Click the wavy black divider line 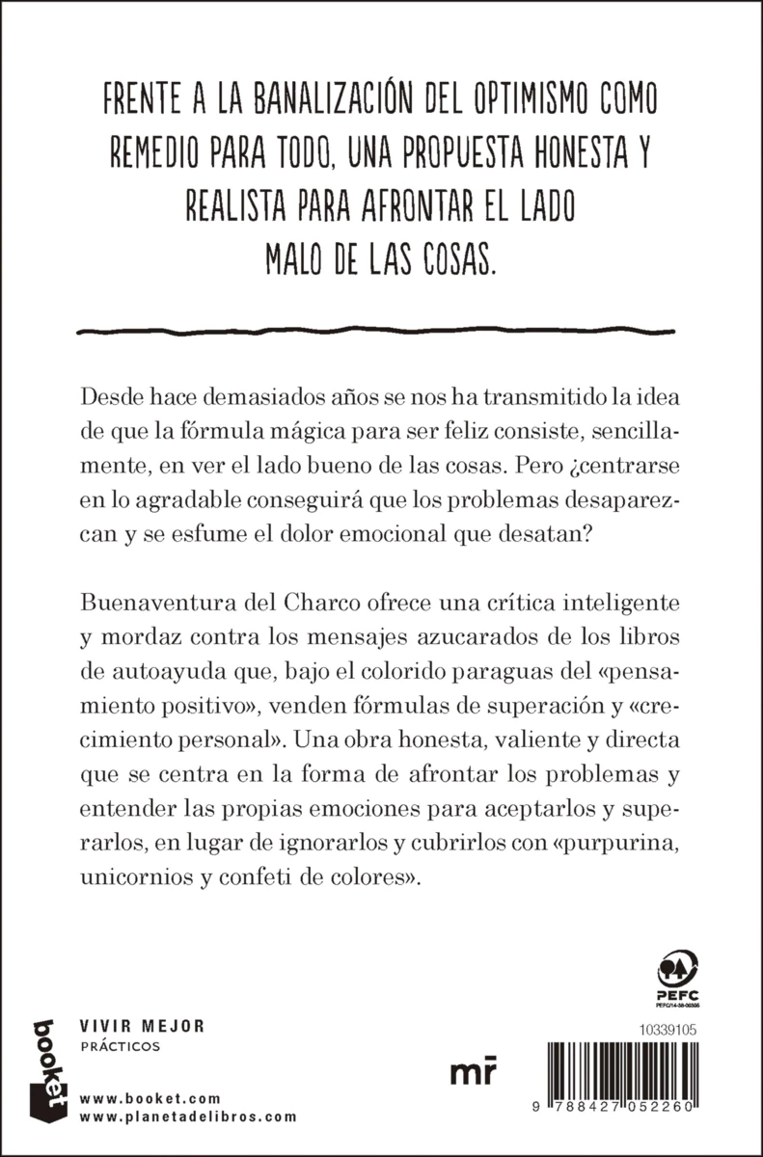pyautogui.click(x=381, y=330)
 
